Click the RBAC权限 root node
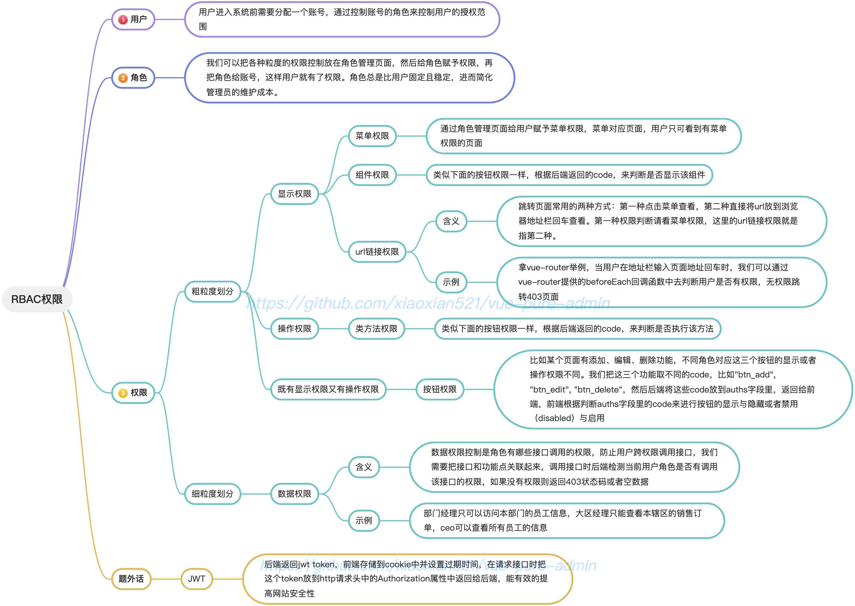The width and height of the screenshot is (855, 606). pos(37,299)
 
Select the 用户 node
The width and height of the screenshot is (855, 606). pos(133,20)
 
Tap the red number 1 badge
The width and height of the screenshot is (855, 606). pos(123,20)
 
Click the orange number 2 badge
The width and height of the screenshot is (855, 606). pos(123,78)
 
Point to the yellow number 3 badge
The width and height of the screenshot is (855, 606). pos(123,393)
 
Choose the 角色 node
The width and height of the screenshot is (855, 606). pos(133,77)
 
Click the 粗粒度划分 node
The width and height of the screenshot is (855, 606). pos(212,291)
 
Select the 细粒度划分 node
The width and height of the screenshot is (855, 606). pos(212,494)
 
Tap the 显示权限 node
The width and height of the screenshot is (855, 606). pos(294,194)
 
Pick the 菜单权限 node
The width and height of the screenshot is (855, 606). pos(372,136)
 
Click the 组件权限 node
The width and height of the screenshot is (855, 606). pos(372,175)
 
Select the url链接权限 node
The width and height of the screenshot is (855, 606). pos(377,252)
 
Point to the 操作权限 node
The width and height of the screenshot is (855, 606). pos(294,329)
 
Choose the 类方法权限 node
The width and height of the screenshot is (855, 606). pos(376,329)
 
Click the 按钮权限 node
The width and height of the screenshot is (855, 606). pos(440,389)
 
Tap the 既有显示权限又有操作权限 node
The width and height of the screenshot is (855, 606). pos(328,389)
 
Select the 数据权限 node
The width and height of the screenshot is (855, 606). pos(294,494)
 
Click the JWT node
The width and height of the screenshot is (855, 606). pos(197,579)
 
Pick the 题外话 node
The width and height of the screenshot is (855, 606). pos(131,579)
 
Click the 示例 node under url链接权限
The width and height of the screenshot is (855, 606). pos(451,282)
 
